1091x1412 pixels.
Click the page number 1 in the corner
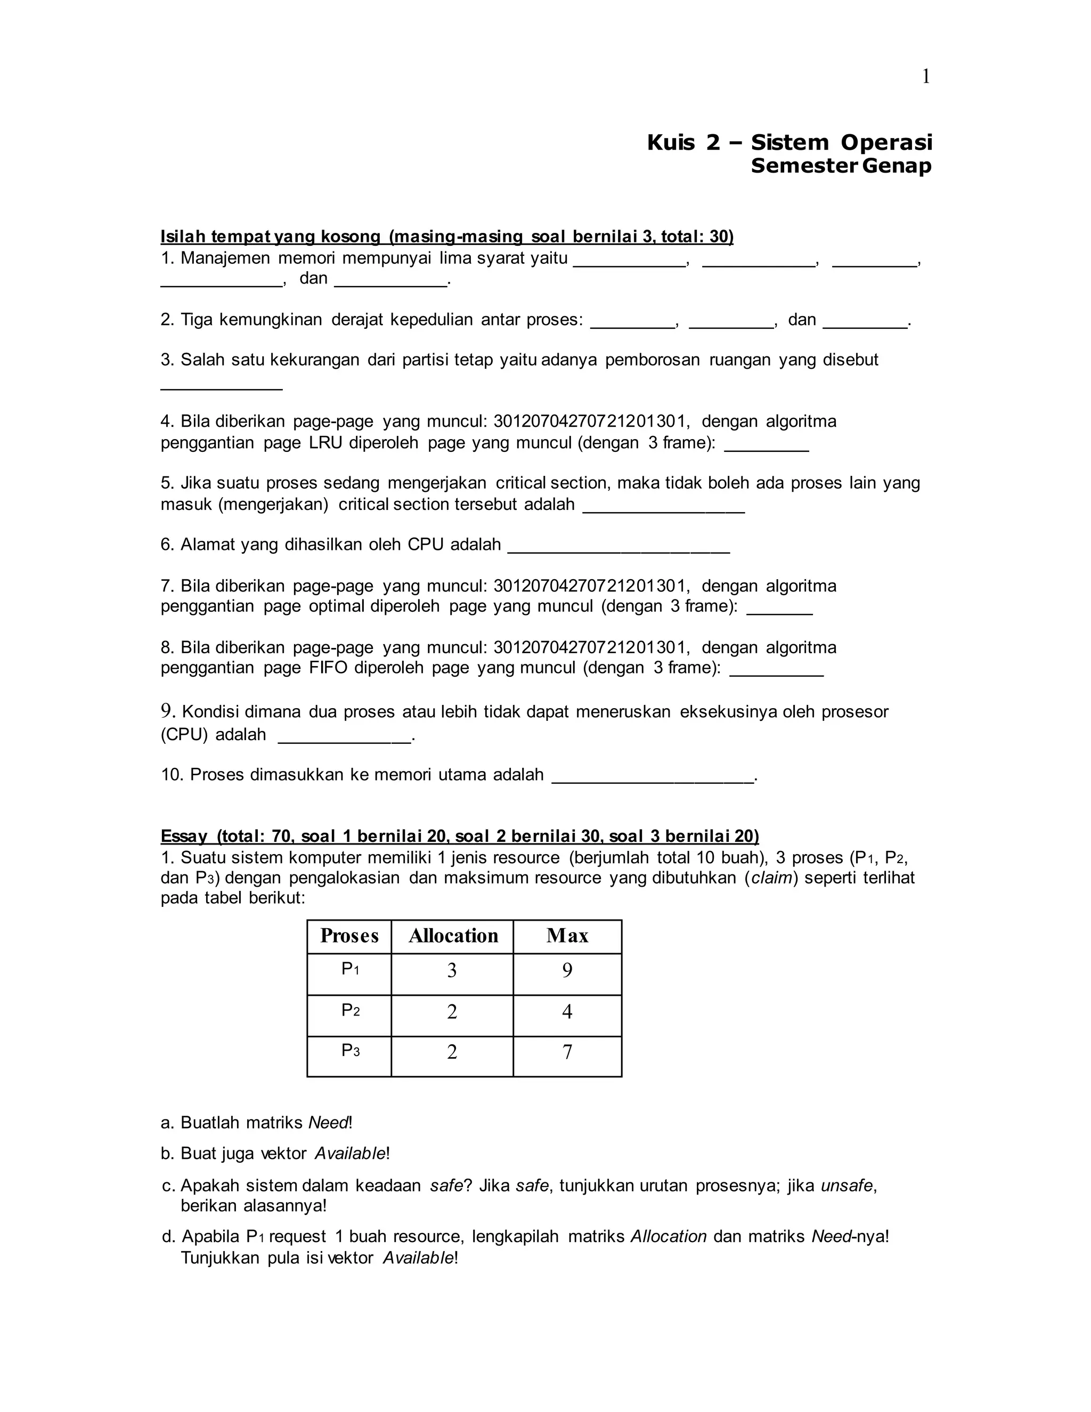[x=925, y=77]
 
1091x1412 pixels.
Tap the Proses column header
[x=349, y=936]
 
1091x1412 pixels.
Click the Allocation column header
[x=453, y=936]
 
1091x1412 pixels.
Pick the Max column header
[x=567, y=936]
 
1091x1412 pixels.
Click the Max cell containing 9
[x=567, y=970]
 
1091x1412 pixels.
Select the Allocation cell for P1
[x=452, y=970]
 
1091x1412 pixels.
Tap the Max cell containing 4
[x=567, y=1012]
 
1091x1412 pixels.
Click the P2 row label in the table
[x=351, y=1010]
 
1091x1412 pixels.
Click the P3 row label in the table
[x=351, y=1051]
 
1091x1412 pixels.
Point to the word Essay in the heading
[x=184, y=837]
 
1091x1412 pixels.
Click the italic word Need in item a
[x=328, y=1123]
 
